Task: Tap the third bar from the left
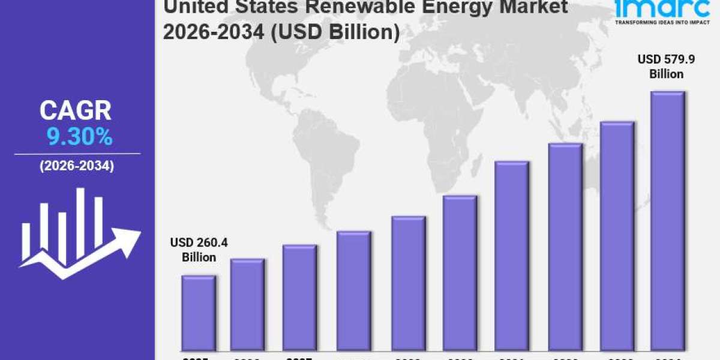(299, 298)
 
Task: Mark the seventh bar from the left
(512, 256)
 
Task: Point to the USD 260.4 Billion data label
(199, 250)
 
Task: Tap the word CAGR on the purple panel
(76, 111)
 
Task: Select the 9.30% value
(79, 138)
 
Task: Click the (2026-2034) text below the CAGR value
(77, 167)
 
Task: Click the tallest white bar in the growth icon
(80, 222)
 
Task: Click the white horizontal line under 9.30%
(77, 154)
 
